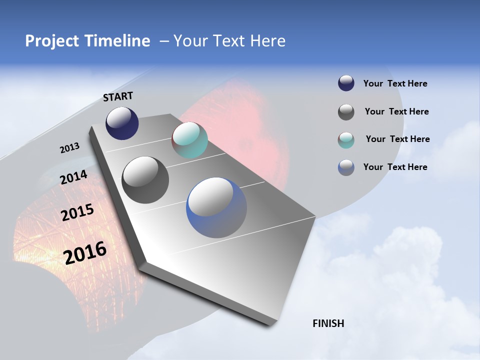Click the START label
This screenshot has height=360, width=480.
[x=118, y=96]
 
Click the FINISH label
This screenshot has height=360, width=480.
[x=328, y=323]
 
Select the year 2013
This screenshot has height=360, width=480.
[x=69, y=148]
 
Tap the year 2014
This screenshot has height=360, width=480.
[x=74, y=177]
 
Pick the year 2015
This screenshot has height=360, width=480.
[x=77, y=212]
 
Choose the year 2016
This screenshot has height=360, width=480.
[x=85, y=253]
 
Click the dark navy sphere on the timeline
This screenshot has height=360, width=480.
[x=122, y=123]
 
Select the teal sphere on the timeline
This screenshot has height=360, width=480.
[x=189, y=140]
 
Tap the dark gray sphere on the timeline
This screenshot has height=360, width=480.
[x=145, y=180]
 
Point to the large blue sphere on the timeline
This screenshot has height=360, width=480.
[x=216, y=207]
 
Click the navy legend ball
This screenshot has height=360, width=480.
[x=346, y=83]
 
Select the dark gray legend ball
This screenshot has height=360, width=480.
[x=346, y=112]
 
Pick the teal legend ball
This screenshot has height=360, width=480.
[x=346, y=140]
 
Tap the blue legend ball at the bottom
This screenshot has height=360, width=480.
[x=346, y=167]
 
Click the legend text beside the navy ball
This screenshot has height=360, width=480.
[x=395, y=84]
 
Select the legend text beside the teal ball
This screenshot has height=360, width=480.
[x=397, y=139]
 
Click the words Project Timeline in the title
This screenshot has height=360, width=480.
[x=87, y=41]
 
